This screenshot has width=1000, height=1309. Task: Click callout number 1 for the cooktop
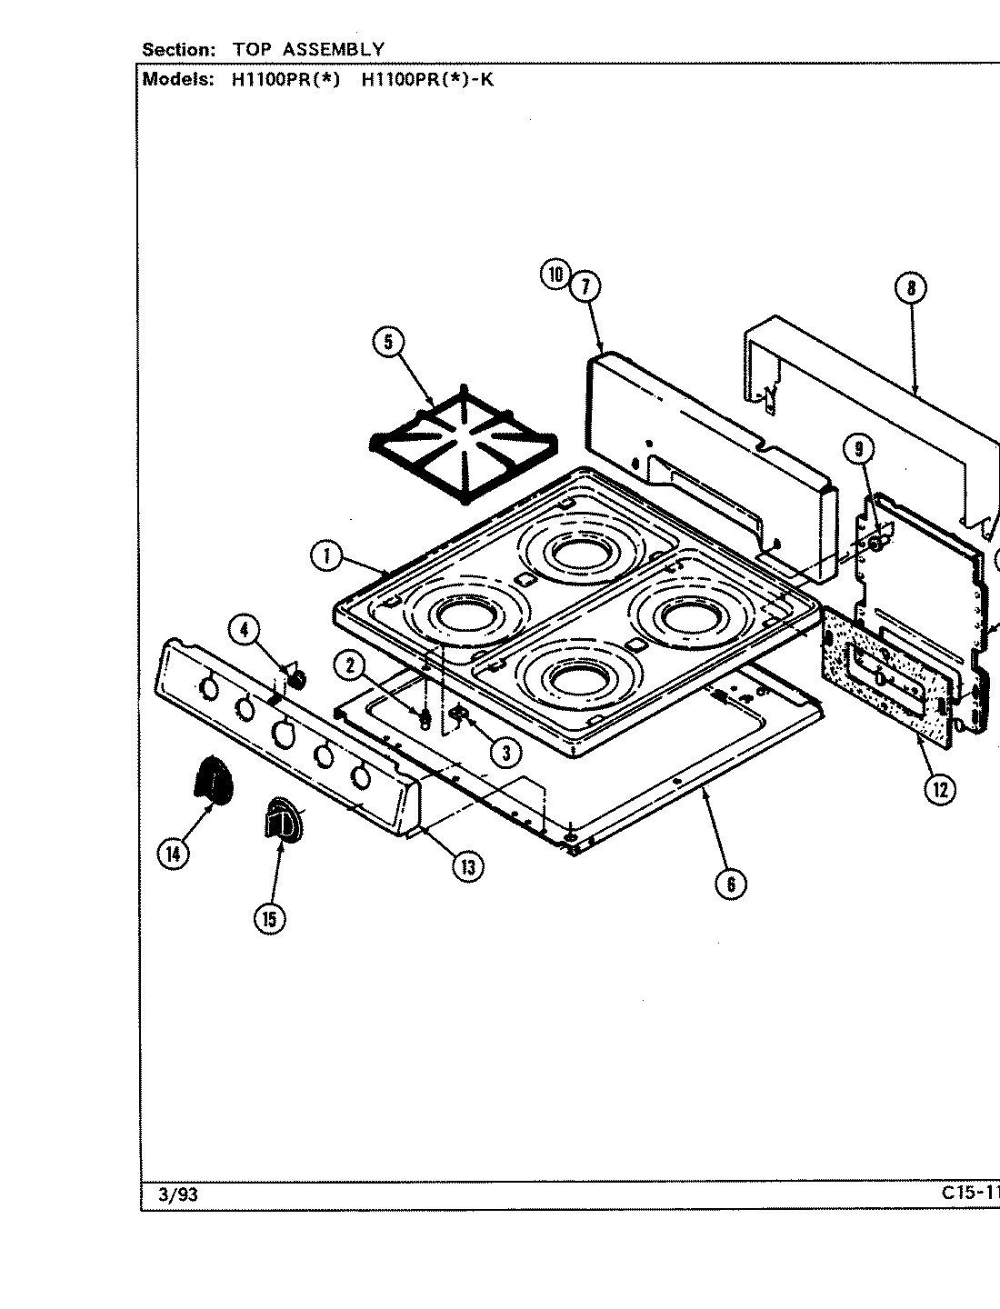(325, 556)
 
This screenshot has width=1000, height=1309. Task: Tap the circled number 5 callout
(388, 342)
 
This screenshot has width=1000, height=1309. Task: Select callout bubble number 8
(910, 289)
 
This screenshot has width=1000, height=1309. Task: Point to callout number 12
(940, 789)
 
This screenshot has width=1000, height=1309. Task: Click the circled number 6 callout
(731, 883)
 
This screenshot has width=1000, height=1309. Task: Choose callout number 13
(467, 866)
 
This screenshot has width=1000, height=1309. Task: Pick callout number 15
(269, 919)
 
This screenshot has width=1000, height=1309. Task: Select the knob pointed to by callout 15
(283, 821)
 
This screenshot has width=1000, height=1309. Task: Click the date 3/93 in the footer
(177, 1195)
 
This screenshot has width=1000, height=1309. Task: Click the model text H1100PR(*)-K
(427, 78)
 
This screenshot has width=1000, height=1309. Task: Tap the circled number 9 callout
(858, 448)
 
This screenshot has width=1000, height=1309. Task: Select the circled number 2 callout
(349, 666)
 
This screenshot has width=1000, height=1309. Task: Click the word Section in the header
(178, 49)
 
